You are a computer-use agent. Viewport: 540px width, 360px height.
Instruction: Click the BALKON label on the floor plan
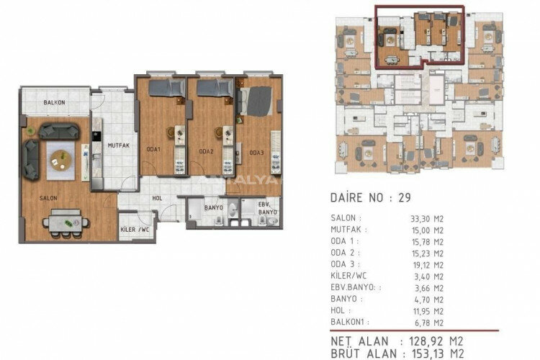coord(54,103)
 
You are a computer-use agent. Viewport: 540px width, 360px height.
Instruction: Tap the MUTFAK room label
coord(118,145)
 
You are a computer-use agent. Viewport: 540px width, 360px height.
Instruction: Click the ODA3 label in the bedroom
coord(257,152)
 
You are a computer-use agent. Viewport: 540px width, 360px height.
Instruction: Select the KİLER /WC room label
coord(135,231)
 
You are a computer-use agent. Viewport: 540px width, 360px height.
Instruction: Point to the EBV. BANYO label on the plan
coord(269,209)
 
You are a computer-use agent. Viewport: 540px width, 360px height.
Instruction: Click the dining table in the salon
coord(66,222)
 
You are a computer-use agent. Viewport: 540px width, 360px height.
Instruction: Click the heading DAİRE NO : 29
coord(370,197)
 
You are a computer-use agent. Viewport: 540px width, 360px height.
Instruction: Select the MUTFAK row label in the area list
coord(346,229)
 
